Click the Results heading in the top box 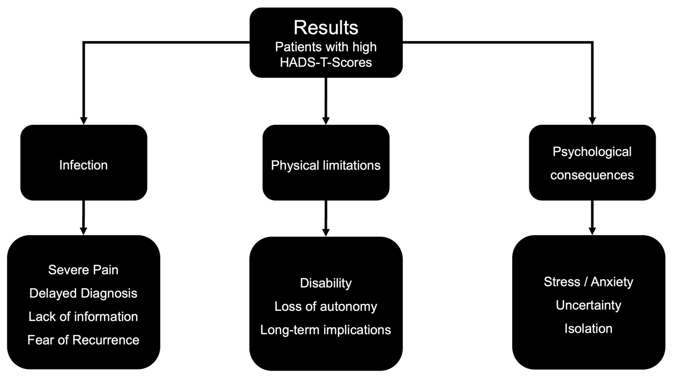pos(326,27)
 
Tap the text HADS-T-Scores pos(326,62)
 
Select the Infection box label pos(83,165)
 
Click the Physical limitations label pos(326,165)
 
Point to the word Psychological pos(592,152)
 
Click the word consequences pos(592,175)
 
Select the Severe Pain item pos(83,270)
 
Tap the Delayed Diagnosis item pos(83,293)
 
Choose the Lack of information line pos(83,316)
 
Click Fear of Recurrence pos(83,340)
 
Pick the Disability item pos(326,283)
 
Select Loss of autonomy pos(326,306)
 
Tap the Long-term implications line pos(326,330)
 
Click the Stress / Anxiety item pos(589,282)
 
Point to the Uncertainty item pos(589,305)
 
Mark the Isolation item pos(589,328)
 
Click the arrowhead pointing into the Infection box pos(84,121)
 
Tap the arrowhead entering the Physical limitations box pos(326,121)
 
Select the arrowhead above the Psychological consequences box pos(592,121)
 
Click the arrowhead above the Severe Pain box pos(84,231)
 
